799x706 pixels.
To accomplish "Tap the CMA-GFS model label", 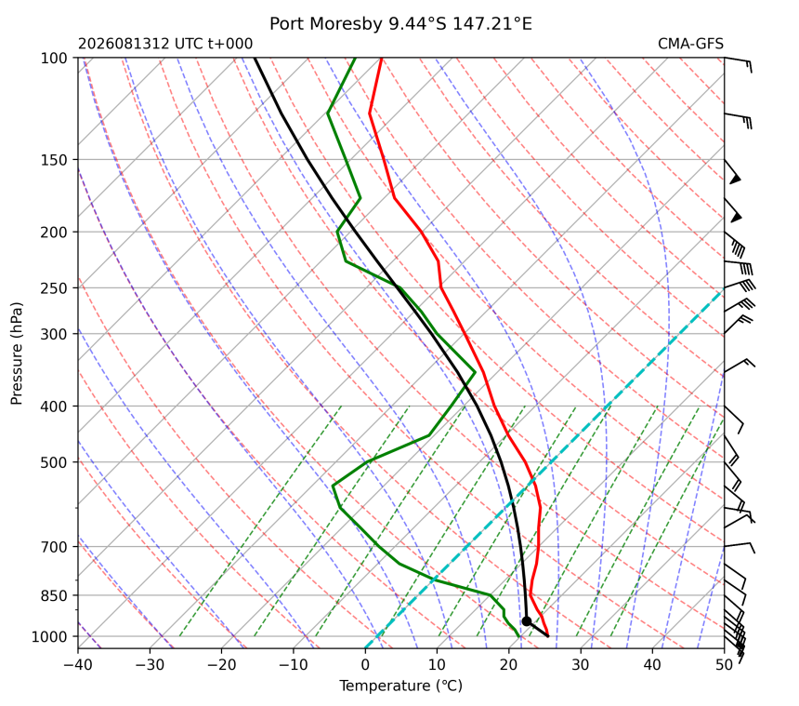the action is tap(690, 44).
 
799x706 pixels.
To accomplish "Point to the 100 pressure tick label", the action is tap(54, 59).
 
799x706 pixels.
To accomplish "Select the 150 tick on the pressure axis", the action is tap(54, 160).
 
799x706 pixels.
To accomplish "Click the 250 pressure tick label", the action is tap(54, 288).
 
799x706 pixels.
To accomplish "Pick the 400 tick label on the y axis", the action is tap(54, 406).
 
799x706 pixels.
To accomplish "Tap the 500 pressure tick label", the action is tap(54, 462).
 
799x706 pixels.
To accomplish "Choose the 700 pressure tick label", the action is tap(54, 547).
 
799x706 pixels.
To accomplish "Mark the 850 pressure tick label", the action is tap(54, 596).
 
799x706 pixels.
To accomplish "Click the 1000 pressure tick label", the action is tap(49, 636).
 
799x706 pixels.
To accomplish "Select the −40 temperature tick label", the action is tap(78, 665).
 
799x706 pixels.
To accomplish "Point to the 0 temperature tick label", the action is tap(365, 665).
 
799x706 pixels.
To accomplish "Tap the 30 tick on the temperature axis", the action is tap(581, 665).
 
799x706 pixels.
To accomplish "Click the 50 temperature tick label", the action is tap(724, 665).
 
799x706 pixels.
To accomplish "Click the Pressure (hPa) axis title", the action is tap(17, 353).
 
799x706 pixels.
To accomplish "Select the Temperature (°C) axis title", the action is tap(401, 686).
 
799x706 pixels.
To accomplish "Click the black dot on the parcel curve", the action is tap(527, 621).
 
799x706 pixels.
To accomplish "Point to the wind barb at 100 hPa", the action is tap(738, 64).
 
